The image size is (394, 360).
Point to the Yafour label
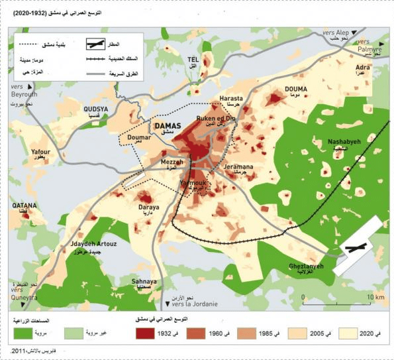coord(40,152)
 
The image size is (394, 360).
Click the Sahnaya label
coord(144,281)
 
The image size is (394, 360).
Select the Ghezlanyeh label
coord(306,266)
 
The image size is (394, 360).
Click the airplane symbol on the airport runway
coord(356,249)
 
